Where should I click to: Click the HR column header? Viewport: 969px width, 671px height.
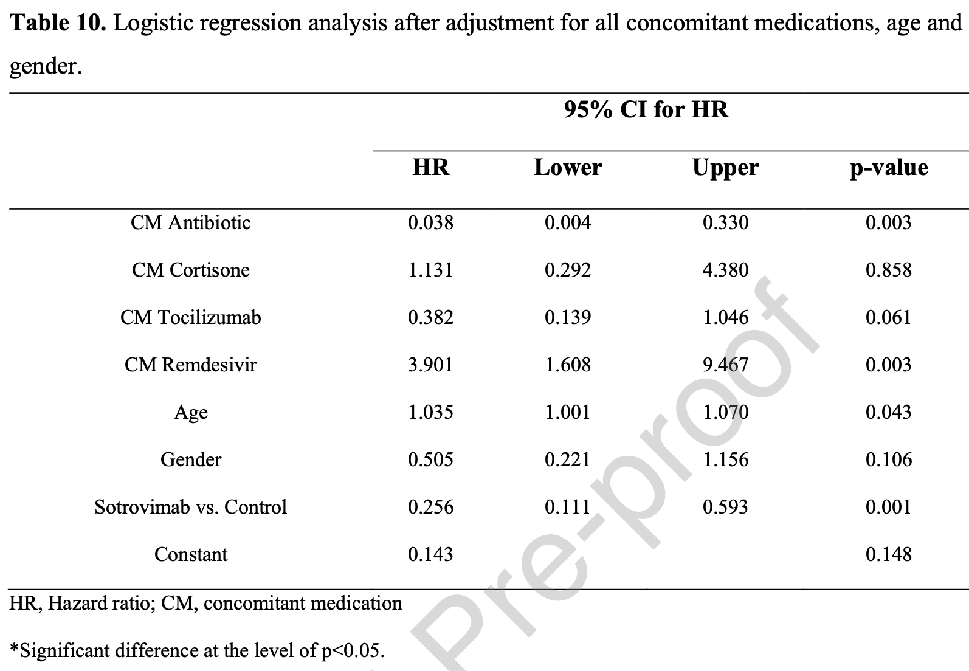coord(430,168)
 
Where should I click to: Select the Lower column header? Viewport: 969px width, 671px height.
coord(567,168)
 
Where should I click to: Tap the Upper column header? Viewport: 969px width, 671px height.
coord(725,168)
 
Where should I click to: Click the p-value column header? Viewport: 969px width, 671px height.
coord(888,168)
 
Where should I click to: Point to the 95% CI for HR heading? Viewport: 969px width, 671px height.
coord(646,109)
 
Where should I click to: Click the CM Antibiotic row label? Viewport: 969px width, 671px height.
coord(190,222)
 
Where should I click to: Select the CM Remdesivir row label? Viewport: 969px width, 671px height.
coord(190,365)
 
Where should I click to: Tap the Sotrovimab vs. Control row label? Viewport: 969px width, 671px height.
coord(190,507)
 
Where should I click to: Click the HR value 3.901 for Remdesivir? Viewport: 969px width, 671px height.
coord(430,365)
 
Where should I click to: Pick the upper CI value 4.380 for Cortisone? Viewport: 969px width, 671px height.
coord(725,270)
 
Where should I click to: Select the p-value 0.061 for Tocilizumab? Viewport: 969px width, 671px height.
coord(888,317)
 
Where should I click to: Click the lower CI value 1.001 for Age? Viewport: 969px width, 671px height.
coord(567,412)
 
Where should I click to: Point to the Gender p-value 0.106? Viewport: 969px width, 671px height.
coord(888,459)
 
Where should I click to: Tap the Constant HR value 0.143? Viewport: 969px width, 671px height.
coord(430,554)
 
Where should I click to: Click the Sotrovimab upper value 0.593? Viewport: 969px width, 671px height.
coord(725,507)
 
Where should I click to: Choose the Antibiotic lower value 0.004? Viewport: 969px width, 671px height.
coord(567,222)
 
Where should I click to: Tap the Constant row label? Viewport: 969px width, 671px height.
coord(190,554)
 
